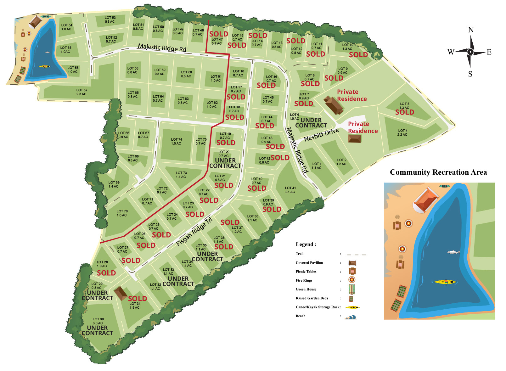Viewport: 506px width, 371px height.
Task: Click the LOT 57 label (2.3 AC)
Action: click(x=82, y=92)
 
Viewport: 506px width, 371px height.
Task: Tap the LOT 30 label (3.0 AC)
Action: click(x=98, y=321)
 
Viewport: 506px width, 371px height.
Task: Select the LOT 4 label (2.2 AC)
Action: click(x=402, y=132)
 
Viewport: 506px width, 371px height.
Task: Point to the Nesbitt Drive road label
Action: click(x=321, y=135)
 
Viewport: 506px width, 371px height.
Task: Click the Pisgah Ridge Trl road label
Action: click(x=194, y=232)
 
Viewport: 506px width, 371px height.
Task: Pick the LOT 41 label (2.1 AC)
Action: click(x=290, y=190)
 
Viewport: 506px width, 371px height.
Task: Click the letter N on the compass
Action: click(x=471, y=30)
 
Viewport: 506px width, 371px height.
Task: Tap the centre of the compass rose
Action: click(x=470, y=52)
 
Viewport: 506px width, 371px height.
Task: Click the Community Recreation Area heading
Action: click(x=438, y=172)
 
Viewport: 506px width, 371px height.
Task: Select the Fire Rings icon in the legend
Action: click(x=352, y=280)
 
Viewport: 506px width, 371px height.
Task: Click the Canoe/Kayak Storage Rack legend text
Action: click(x=318, y=307)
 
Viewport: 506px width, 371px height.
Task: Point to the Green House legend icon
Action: click(x=352, y=289)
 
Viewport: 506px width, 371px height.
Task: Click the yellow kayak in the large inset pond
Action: click(x=445, y=282)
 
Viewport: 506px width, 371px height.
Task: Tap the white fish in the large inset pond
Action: click(x=453, y=252)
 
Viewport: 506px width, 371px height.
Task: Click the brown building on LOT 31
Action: click(x=121, y=293)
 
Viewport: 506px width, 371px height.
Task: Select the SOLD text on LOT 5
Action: click(x=404, y=112)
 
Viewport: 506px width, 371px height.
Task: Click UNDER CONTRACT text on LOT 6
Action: click(x=311, y=123)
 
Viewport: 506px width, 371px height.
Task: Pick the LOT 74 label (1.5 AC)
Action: click(x=176, y=141)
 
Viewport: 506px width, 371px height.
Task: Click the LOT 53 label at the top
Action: click(x=110, y=20)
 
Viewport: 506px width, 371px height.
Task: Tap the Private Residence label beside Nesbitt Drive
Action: click(x=363, y=127)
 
